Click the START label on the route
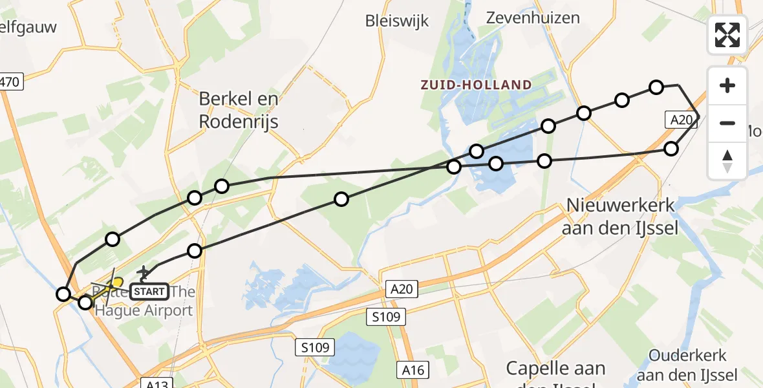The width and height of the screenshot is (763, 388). pyautogui.click(x=150, y=292)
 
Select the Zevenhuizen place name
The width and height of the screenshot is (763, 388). pyautogui.click(x=533, y=17)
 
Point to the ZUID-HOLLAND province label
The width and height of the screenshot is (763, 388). pyautogui.click(x=476, y=85)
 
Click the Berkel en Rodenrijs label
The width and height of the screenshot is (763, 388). pyautogui.click(x=239, y=110)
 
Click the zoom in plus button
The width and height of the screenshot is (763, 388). pyautogui.click(x=727, y=85)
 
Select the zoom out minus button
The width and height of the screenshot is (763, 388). pyautogui.click(x=727, y=123)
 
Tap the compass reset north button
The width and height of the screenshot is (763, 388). pyautogui.click(x=727, y=160)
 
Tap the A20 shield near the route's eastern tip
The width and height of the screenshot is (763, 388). pyautogui.click(x=682, y=120)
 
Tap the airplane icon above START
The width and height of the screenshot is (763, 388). pyautogui.click(x=144, y=274)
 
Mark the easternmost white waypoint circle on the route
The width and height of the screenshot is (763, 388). pyautogui.click(x=671, y=149)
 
